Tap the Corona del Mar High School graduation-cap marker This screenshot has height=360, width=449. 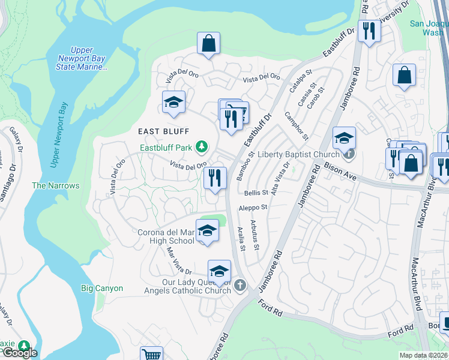pos(207,230)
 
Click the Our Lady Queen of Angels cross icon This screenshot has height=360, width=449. pos(240,284)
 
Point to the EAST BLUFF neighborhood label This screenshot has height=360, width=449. pos(163,131)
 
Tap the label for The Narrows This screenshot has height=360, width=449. pos(55,186)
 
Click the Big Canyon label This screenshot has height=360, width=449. pos(102,289)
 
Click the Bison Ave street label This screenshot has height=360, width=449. pos(340,167)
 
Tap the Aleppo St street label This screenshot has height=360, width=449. pos(253,207)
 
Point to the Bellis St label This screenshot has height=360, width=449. pos(256,193)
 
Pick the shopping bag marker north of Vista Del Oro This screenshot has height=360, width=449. pos(208,44)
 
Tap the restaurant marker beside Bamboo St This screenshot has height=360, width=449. pos(214,178)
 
